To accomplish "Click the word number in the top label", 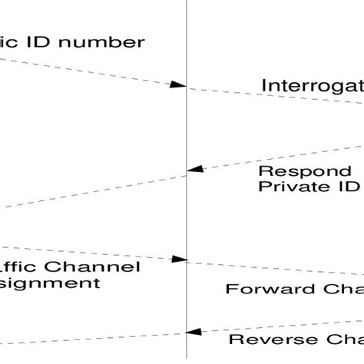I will (103, 41).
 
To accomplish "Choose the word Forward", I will (260, 289).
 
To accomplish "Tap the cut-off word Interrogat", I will (312, 84).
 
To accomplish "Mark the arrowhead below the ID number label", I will (178, 84).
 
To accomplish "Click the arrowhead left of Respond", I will (196, 168).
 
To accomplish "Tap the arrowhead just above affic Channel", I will (179, 260).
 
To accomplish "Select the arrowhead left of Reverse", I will (195, 331).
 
